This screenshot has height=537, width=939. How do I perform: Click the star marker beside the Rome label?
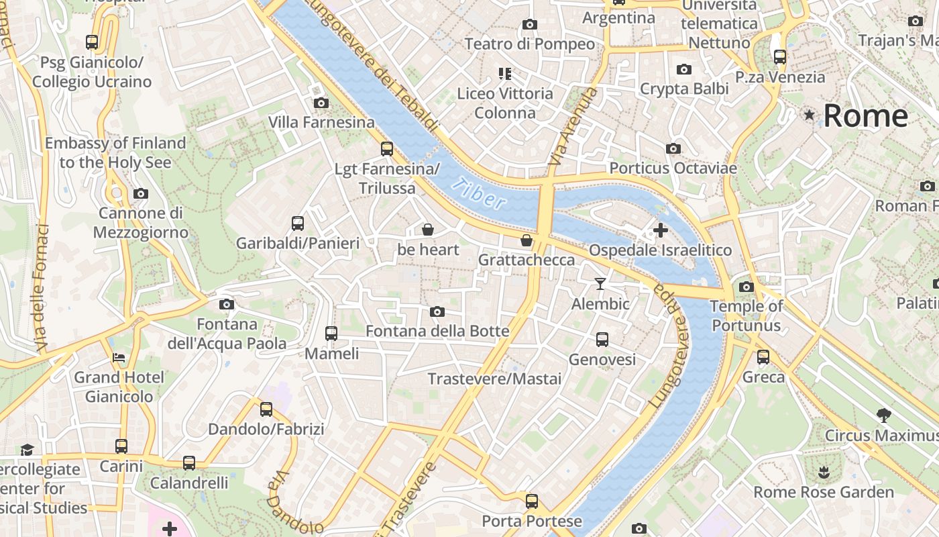point(810,115)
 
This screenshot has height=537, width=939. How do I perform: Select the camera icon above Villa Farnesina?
point(321,103)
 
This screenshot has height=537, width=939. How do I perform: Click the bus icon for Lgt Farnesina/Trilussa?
point(387,148)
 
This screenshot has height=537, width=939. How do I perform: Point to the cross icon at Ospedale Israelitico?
point(660,230)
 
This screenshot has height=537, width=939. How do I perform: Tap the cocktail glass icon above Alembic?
point(600,284)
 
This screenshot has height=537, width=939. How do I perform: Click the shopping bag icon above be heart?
point(428,230)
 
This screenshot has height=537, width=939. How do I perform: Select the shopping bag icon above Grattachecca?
point(527,240)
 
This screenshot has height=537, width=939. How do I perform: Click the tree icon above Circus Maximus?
point(884,416)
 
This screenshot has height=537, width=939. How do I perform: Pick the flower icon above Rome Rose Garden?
point(824,472)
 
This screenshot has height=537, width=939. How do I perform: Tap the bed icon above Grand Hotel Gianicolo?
point(119,357)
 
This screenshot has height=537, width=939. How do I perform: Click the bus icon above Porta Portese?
point(532,501)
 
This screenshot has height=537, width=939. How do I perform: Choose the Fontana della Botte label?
point(437,331)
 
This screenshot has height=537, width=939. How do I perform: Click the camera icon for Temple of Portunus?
point(746,287)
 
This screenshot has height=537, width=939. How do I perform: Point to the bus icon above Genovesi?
point(602,340)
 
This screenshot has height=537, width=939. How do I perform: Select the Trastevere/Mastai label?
point(495,379)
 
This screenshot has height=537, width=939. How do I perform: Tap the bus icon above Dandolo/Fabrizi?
point(266,409)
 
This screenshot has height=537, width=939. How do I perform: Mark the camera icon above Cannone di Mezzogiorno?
point(140,193)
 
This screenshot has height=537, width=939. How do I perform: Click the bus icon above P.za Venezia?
point(779,56)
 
